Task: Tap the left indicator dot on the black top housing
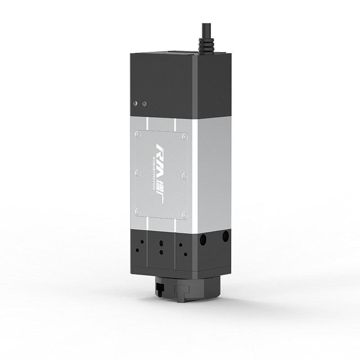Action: (135, 104)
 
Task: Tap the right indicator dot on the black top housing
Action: (144, 103)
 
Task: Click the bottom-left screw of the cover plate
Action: (138, 211)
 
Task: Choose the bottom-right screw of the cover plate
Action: (184, 215)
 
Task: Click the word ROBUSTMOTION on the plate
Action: (154, 173)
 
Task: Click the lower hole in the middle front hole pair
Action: (160, 252)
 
